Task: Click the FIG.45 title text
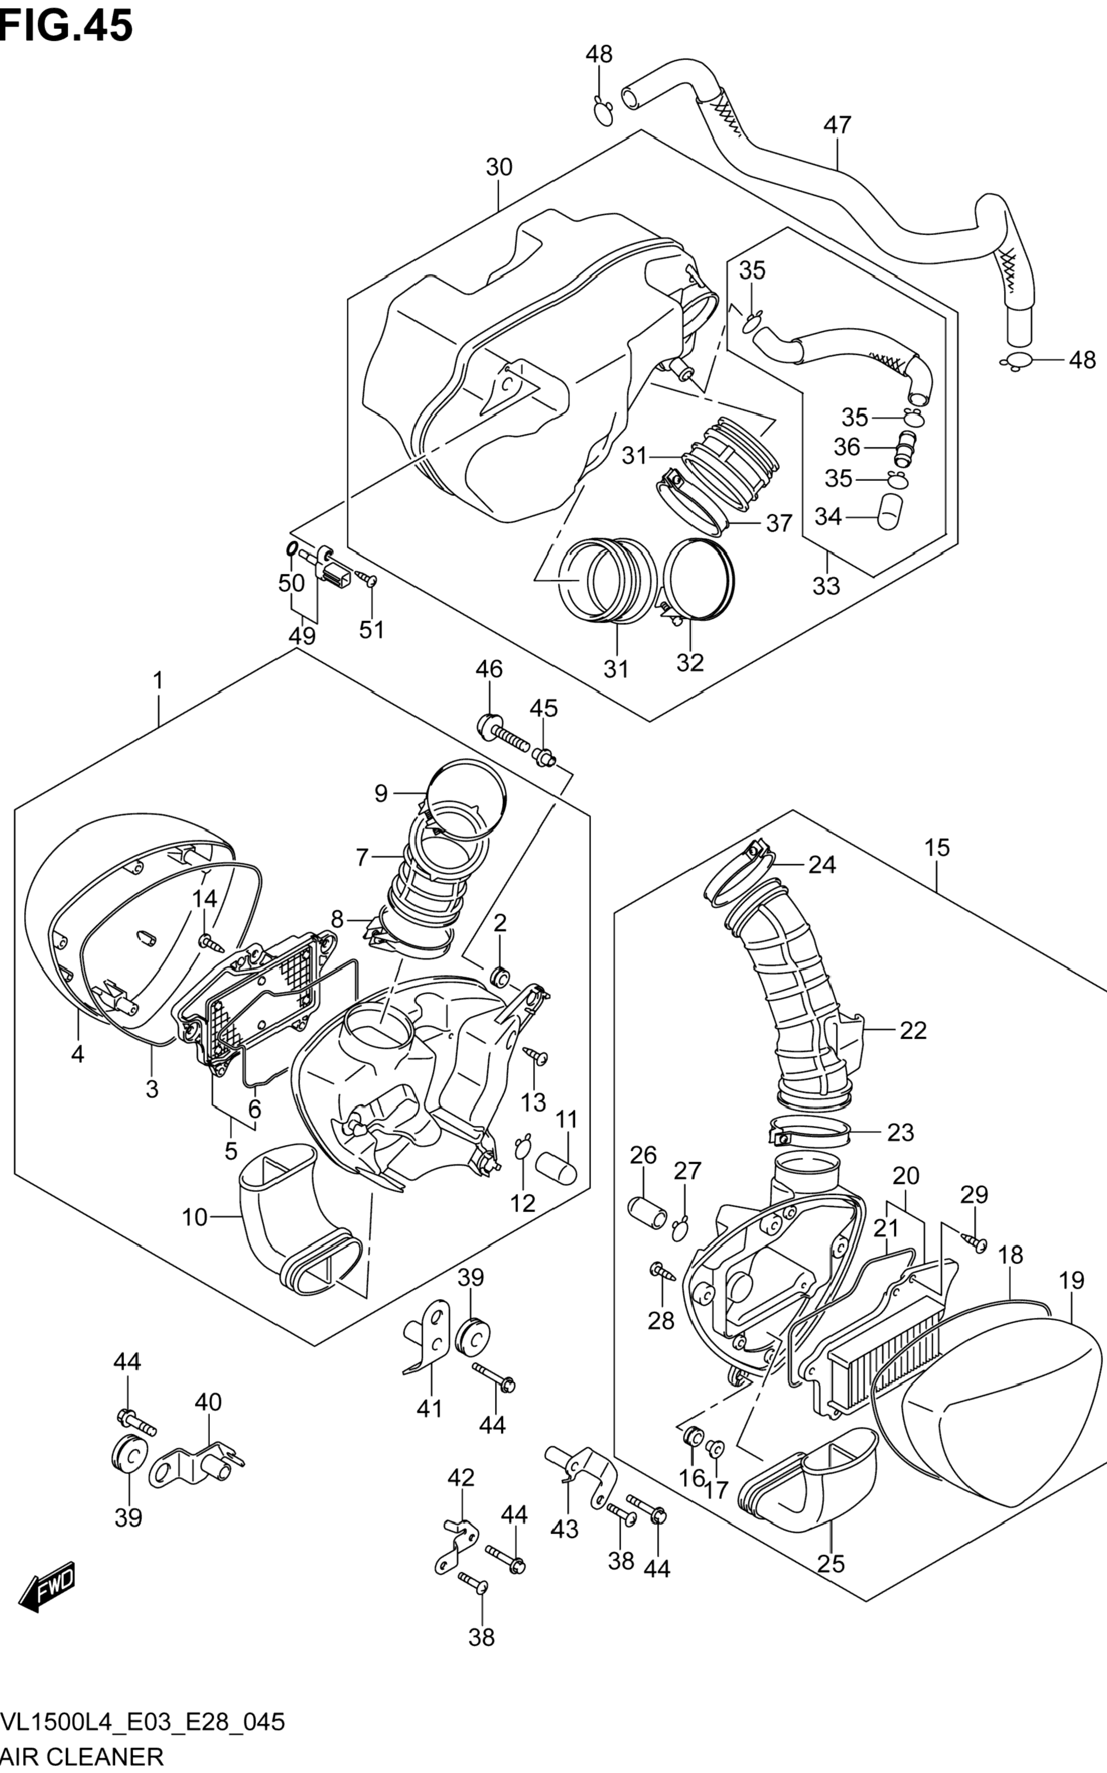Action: click(66, 26)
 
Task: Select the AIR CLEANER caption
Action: click(82, 1756)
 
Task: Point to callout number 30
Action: click(499, 167)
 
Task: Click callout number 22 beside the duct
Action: click(913, 1030)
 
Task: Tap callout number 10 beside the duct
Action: click(195, 1217)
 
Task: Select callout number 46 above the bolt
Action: click(489, 668)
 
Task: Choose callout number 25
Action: click(831, 1564)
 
